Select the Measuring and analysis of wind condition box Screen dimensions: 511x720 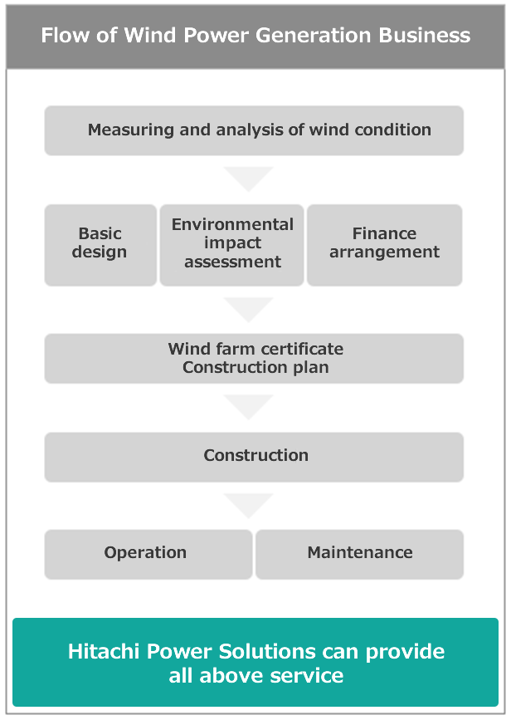(254, 130)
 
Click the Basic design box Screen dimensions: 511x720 (100, 245)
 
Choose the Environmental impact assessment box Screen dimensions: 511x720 (231, 245)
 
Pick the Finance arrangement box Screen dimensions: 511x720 (384, 245)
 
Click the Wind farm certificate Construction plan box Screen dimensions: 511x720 (254, 359)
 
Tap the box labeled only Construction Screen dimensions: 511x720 (254, 457)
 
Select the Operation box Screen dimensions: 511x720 (148, 554)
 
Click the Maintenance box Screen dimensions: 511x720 (360, 554)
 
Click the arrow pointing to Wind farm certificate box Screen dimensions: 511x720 (249, 308)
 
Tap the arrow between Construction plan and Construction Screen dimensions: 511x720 (249, 405)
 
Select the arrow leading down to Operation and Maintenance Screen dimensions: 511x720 (249, 504)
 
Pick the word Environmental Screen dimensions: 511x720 (232, 224)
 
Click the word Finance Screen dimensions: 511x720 (384, 233)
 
